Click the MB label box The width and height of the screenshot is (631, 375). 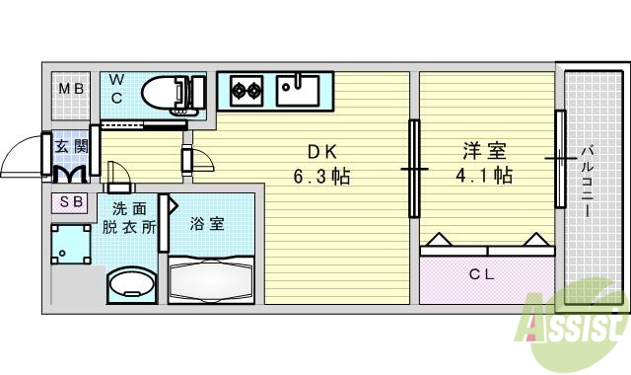(x=72, y=90)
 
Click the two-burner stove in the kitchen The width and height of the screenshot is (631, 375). (x=246, y=92)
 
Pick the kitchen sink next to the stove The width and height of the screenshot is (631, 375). (x=297, y=90)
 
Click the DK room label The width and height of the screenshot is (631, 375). (x=322, y=152)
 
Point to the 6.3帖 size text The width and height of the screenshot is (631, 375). (x=322, y=178)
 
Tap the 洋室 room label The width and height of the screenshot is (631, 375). (x=484, y=152)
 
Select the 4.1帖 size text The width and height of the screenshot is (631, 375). (x=484, y=178)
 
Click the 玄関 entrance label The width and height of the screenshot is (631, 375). (x=70, y=147)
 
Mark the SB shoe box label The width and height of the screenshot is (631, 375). (x=72, y=202)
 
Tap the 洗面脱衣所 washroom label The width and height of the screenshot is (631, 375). (x=131, y=217)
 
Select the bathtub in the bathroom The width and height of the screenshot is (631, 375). (x=211, y=279)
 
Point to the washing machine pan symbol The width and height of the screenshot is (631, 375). (x=71, y=245)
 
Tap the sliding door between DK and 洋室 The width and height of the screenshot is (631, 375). (x=413, y=169)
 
